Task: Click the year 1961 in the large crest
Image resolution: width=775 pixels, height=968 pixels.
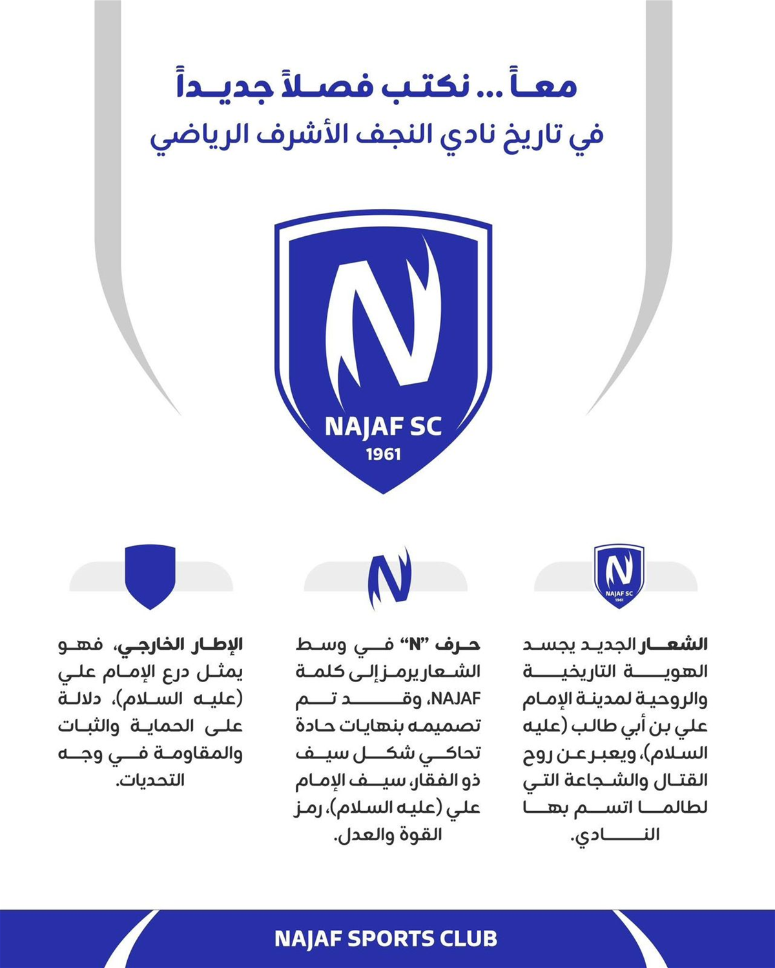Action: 384,454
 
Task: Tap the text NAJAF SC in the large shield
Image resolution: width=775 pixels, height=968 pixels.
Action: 384,427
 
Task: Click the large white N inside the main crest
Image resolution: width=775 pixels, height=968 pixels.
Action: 381,316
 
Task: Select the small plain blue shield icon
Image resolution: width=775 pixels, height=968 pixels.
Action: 150,576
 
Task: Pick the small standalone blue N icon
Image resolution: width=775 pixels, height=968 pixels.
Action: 389,578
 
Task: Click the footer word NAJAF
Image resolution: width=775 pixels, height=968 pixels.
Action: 307,939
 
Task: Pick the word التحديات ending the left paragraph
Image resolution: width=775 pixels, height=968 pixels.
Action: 152,781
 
